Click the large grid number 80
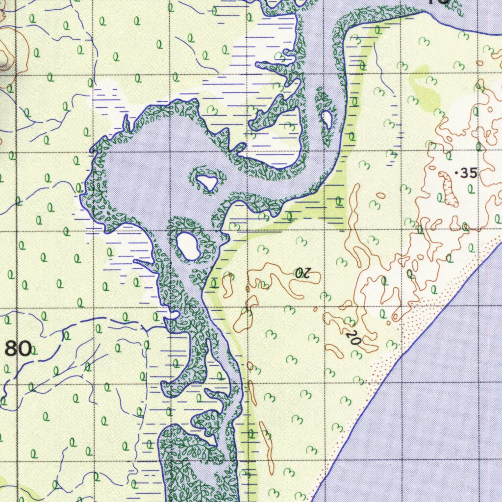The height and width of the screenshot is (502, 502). [19, 349]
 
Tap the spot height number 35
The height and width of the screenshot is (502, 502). [469, 173]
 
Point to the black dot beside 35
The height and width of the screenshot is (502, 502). [457, 173]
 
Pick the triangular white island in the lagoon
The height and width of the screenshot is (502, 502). [207, 182]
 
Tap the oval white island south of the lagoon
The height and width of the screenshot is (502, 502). [187, 246]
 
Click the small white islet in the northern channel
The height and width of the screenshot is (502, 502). [326, 118]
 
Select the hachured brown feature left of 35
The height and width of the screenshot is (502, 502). [448, 189]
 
